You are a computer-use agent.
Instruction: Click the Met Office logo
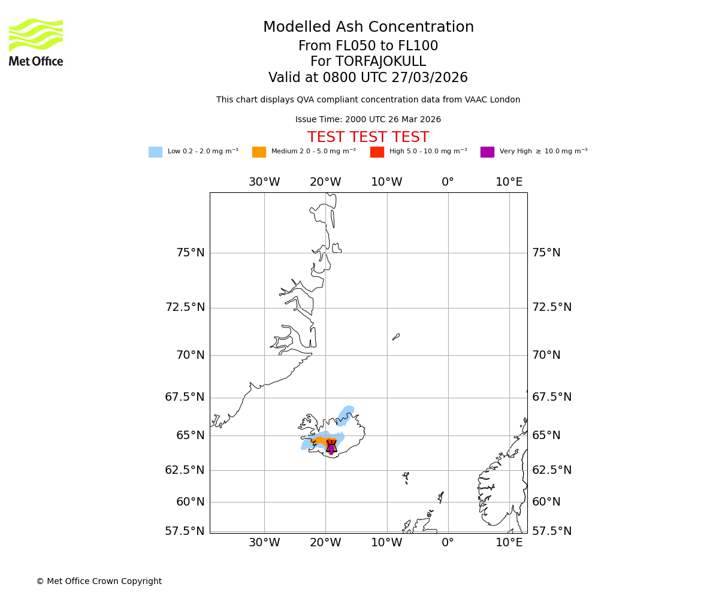click(36, 42)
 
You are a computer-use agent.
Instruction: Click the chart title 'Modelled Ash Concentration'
click(368, 28)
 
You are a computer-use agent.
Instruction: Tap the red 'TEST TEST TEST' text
click(368, 138)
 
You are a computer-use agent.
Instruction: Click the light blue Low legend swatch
click(155, 152)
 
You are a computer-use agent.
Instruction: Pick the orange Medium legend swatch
click(259, 152)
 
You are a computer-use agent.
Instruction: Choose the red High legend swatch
click(377, 152)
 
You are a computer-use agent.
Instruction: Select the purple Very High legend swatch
click(487, 152)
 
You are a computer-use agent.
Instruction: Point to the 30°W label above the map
click(264, 182)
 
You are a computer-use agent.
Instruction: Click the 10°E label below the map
click(509, 543)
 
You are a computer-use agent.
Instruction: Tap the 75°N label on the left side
click(190, 253)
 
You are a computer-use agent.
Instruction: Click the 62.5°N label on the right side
click(552, 470)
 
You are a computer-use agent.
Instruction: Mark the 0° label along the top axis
click(448, 182)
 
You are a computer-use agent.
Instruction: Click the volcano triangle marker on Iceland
click(331, 447)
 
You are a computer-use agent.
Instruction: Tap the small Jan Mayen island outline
click(396, 337)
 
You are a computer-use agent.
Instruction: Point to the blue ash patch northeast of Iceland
click(346, 414)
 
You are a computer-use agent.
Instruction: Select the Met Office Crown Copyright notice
click(99, 582)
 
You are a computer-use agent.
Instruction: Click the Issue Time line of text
click(368, 120)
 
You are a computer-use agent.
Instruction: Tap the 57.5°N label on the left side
click(185, 531)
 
